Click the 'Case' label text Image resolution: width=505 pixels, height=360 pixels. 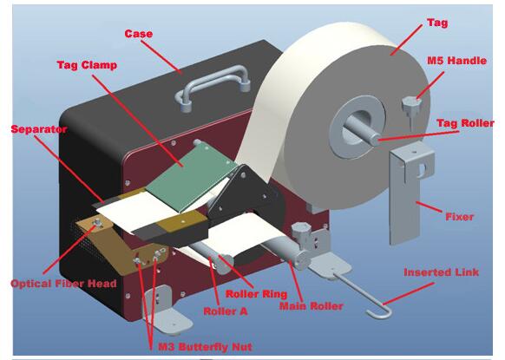click(x=139, y=34)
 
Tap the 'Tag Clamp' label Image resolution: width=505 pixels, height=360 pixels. click(x=87, y=65)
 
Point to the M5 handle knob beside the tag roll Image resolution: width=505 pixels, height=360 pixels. click(x=412, y=107)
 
